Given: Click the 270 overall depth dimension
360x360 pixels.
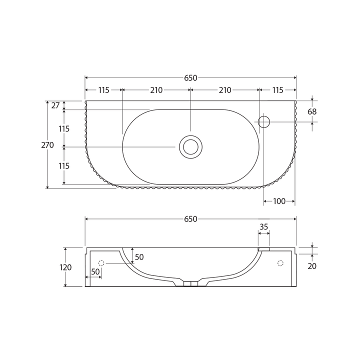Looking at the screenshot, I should [x=47, y=145].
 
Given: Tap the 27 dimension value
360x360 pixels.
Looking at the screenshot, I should [x=55, y=105].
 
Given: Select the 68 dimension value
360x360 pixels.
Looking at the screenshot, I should [x=312, y=111].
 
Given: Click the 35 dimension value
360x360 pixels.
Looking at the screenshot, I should [x=264, y=226].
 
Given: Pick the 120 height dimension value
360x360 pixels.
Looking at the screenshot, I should [x=65, y=267].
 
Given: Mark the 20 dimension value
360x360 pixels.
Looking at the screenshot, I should [x=312, y=266].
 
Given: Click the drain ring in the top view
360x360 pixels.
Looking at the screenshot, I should [x=190, y=146].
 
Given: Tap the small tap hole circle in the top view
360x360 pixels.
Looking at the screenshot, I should [x=264, y=121].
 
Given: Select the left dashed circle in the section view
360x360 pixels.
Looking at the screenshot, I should [x=101, y=263].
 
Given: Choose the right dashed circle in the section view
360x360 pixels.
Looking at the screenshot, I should [x=280, y=263].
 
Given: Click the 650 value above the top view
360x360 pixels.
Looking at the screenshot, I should [x=190, y=77].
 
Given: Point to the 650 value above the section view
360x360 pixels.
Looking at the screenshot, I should [x=190, y=219].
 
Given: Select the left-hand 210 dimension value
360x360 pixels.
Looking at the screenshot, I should [x=156, y=90].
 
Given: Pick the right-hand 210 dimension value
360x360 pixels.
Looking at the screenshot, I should [x=225, y=90].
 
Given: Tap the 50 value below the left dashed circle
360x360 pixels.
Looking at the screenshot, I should [x=95, y=271].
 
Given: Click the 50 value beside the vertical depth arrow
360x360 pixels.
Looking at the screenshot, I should [x=139, y=257].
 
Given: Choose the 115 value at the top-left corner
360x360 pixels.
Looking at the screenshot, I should [x=103, y=90].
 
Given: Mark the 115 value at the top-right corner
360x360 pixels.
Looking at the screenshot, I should [x=277, y=90].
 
